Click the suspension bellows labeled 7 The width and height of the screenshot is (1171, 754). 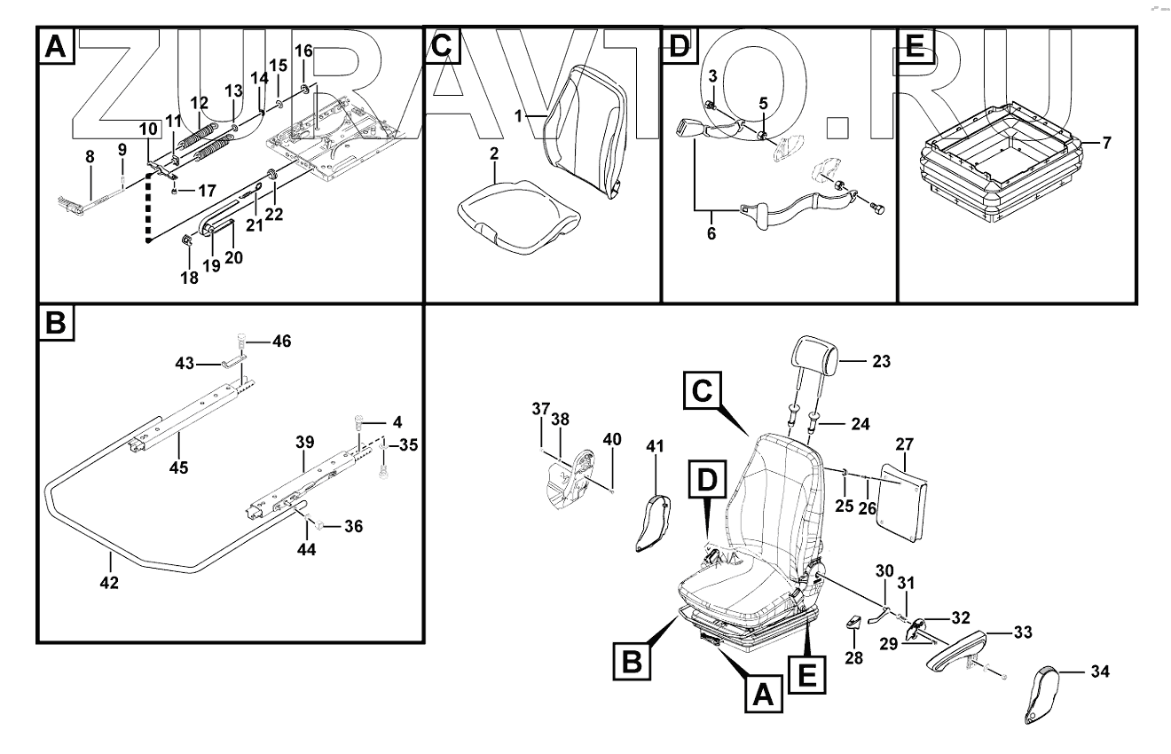(1001, 169)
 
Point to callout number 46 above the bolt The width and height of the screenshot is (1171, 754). (281, 341)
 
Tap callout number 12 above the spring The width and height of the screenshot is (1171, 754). (199, 103)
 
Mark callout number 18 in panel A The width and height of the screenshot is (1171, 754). (190, 278)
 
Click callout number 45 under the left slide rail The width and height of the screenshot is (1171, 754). (178, 467)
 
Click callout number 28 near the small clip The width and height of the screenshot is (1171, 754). (853, 658)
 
